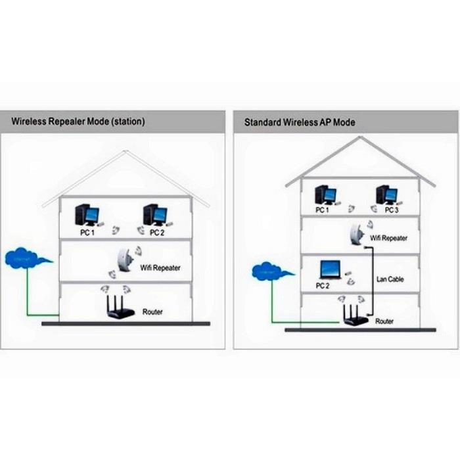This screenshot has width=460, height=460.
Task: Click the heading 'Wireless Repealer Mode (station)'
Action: [x=78, y=122]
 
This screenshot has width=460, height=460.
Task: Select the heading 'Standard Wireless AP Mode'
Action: [x=300, y=122]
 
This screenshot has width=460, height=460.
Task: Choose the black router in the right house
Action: [x=351, y=316]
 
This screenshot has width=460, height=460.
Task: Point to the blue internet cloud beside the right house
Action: [x=268, y=271]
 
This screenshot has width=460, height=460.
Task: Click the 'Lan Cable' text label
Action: [x=390, y=279]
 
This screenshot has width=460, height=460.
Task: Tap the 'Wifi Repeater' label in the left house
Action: [x=160, y=268]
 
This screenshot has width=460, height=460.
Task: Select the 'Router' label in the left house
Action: [x=152, y=312]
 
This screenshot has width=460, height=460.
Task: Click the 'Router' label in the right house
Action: [x=384, y=322]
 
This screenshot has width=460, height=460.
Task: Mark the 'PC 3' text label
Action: [x=392, y=210]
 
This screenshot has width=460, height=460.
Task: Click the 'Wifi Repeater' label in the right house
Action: [x=389, y=238]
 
